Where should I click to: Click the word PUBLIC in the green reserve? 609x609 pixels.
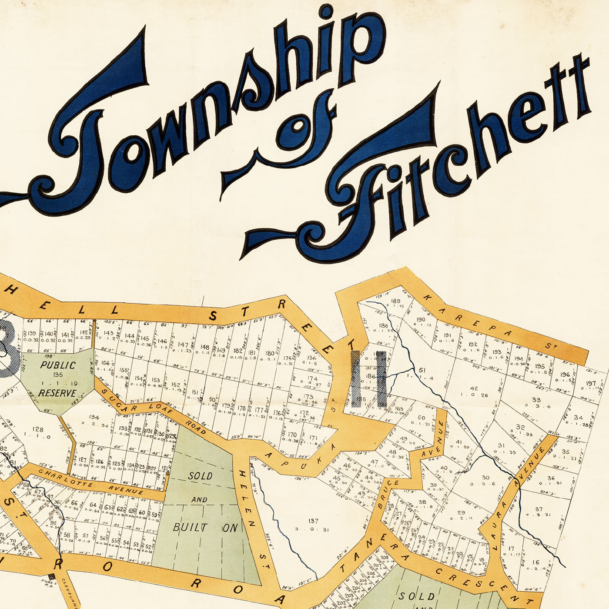58,365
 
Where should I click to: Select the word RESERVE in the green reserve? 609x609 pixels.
57,393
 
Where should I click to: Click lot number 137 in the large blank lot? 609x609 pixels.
313,521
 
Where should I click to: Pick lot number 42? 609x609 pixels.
474,388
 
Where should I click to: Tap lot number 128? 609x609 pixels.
38,429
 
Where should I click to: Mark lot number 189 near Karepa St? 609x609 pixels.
395,301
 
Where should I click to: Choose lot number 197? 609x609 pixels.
591,383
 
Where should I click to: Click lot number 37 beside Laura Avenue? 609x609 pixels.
539,509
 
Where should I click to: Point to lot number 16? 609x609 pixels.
535,562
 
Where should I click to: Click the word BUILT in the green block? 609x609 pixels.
190,528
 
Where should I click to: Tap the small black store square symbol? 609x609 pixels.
52,577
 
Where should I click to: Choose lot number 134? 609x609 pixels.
94,417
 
